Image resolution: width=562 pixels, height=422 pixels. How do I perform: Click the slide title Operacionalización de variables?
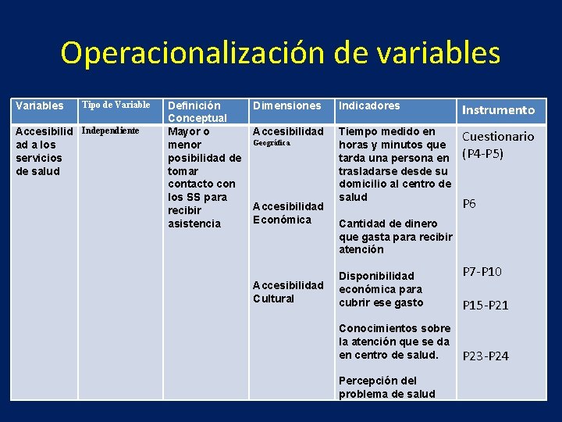tap(281, 53)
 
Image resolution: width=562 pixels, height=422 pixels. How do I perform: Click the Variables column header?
tap(40, 105)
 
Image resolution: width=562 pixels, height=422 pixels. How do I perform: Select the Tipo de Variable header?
tap(116, 105)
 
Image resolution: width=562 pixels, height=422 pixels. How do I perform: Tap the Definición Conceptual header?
tap(197, 112)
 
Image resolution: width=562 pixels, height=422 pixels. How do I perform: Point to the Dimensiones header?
tap(286, 105)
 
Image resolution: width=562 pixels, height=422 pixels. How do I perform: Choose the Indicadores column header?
tap(369, 105)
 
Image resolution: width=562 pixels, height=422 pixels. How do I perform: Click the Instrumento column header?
tap(499, 110)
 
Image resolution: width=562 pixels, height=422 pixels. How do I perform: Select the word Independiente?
tap(110, 130)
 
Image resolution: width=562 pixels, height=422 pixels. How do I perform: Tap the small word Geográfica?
tap(271, 143)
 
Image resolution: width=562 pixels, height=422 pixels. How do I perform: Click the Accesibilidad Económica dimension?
tap(287, 213)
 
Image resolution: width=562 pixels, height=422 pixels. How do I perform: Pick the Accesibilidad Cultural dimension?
tap(287, 291)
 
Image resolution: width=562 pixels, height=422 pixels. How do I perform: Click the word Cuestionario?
tap(499, 136)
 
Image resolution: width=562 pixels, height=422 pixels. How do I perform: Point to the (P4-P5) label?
tap(483, 152)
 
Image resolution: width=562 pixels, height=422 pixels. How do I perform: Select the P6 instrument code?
tap(469, 204)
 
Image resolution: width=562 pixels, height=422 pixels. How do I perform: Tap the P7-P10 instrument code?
tap(482, 272)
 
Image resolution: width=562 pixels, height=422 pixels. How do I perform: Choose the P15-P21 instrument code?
tap(485, 306)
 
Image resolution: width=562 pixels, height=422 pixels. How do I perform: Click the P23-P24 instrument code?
tap(485, 356)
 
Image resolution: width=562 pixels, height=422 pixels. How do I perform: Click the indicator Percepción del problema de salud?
tap(386, 388)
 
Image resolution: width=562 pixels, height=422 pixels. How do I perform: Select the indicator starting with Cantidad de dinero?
tap(395, 236)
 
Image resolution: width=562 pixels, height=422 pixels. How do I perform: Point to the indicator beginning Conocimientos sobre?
tap(394, 342)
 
